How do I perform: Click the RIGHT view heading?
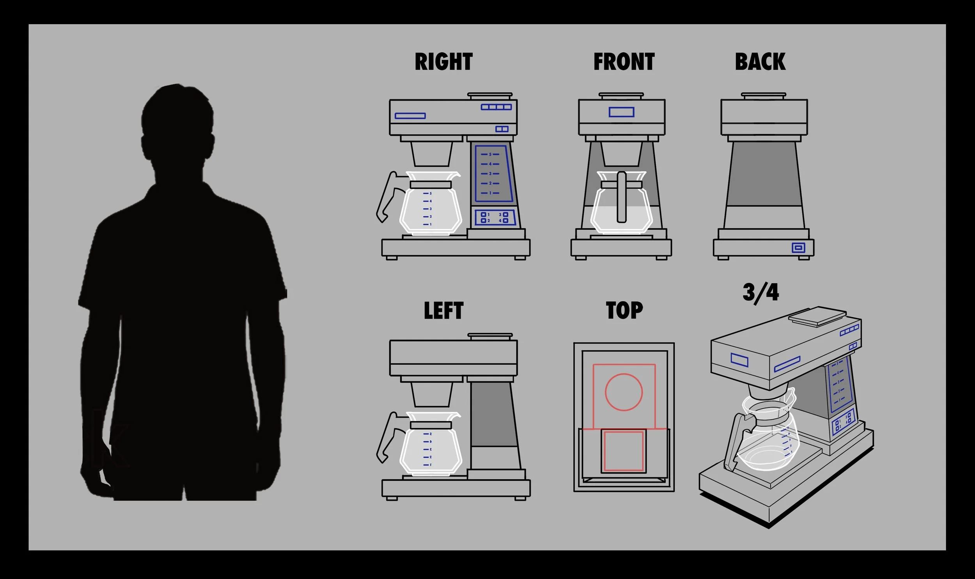[443, 62]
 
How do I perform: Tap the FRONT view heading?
[624, 62]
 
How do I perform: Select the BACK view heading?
[760, 62]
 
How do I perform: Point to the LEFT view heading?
[443, 311]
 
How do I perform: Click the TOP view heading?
[624, 311]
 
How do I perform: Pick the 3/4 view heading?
[760, 293]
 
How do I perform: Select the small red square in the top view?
[624, 451]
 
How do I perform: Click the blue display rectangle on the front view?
[621, 112]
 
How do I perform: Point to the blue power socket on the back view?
[798, 248]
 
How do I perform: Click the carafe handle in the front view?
[621, 197]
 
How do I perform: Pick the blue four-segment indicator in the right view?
[496, 107]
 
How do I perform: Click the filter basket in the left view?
[431, 394]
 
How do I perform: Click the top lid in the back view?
[763, 95]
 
